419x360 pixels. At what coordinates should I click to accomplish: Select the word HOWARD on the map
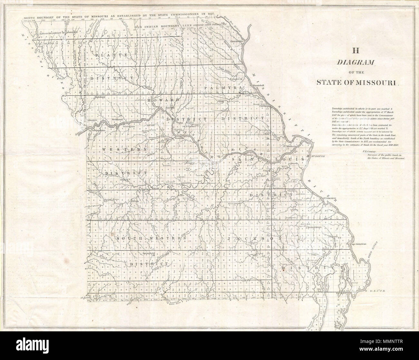point(163,100)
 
